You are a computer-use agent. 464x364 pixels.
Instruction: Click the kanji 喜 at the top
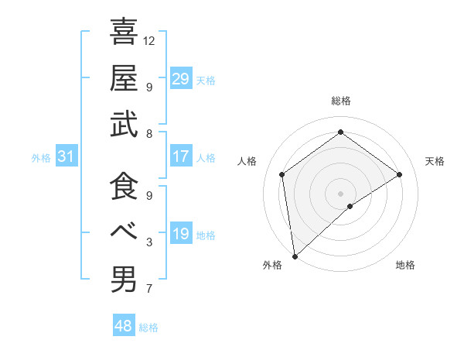click(x=124, y=33)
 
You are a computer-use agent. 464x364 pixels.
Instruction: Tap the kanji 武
click(x=124, y=124)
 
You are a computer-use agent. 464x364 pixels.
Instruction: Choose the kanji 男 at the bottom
click(x=124, y=279)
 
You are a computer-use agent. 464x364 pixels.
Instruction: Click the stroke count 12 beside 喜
click(x=150, y=39)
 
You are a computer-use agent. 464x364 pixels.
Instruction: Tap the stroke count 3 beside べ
click(x=148, y=242)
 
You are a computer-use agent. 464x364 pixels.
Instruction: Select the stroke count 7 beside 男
click(x=148, y=289)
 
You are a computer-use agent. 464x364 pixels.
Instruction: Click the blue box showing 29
click(x=180, y=78)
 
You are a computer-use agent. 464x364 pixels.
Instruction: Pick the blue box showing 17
click(x=180, y=156)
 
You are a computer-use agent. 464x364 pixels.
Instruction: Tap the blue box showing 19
click(x=180, y=234)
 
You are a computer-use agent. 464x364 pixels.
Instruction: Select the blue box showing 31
click(x=66, y=156)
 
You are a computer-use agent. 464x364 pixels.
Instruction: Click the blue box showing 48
click(x=123, y=326)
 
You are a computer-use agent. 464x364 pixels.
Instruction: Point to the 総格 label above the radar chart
click(x=340, y=101)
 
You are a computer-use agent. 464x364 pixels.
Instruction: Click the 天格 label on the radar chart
click(x=435, y=161)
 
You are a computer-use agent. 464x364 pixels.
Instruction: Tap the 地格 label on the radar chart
click(x=405, y=265)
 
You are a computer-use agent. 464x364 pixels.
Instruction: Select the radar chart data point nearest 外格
click(x=295, y=256)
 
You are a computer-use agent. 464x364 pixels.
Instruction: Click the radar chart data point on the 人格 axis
click(x=282, y=174)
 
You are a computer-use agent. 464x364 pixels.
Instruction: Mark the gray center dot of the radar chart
click(x=340, y=192)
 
